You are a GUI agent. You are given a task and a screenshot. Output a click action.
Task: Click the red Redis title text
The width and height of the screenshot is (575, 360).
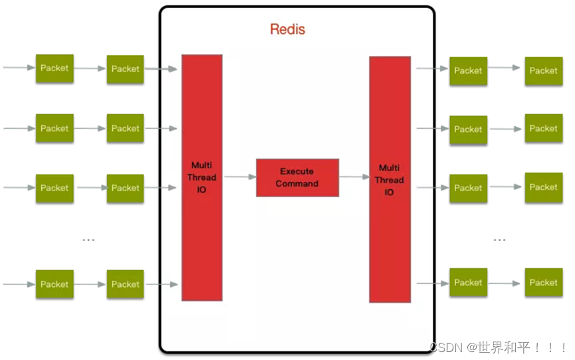(x=287, y=30)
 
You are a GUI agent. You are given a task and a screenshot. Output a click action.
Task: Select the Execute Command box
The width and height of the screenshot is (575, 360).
(x=297, y=177)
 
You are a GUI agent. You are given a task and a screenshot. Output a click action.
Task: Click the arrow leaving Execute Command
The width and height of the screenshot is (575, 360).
(x=354, y=177)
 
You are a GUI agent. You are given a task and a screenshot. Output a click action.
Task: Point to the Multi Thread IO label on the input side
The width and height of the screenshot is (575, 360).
(x=202, y=177)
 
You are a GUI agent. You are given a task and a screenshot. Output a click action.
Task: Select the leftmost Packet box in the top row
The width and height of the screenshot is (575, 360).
(x=55, y=68)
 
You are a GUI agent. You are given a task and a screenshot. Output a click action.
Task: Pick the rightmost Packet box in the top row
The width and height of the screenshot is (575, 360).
(x=543, y=70)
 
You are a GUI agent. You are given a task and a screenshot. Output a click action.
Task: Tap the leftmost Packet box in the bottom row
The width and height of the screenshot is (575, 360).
(x=55, y=284)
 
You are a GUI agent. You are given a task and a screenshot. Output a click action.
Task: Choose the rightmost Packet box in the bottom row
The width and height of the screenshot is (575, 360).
(x=543, y=282)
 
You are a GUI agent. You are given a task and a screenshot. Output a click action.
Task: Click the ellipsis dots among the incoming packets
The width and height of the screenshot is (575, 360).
(x=88, y=240)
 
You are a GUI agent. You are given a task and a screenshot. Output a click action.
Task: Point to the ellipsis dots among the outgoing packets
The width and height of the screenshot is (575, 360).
(x=499, y=240)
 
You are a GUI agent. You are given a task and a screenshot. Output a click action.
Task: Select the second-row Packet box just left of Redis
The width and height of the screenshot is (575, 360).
(x=125, y=128)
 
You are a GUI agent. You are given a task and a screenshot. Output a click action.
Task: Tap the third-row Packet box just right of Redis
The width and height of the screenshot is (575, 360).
(x=468, y=188)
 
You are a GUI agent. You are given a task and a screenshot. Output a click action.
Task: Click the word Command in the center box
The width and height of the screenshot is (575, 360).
(x=297, y=184)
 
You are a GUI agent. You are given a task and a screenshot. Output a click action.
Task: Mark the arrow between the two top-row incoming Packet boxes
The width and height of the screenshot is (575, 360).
(x=90, y=68)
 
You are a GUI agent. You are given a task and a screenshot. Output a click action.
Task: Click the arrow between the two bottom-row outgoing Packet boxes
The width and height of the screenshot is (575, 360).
(x=505, y=283)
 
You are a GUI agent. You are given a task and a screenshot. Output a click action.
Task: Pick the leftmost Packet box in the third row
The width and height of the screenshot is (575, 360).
(x=55, y=188)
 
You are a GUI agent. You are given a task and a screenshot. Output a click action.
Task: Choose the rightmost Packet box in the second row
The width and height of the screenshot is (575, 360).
(x=543, y=128)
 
